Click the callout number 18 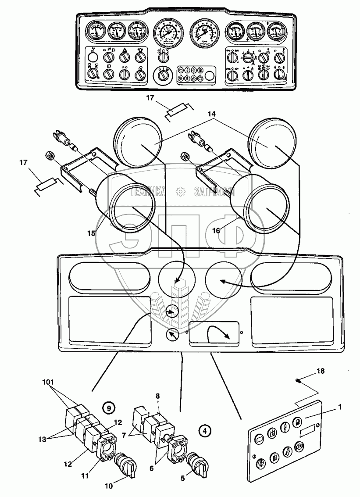pyautogui.click(x=321, y=372)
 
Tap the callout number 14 pyautogui.click(x=212, y=114)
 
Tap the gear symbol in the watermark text pyautogui.click(x=179, y=191)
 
